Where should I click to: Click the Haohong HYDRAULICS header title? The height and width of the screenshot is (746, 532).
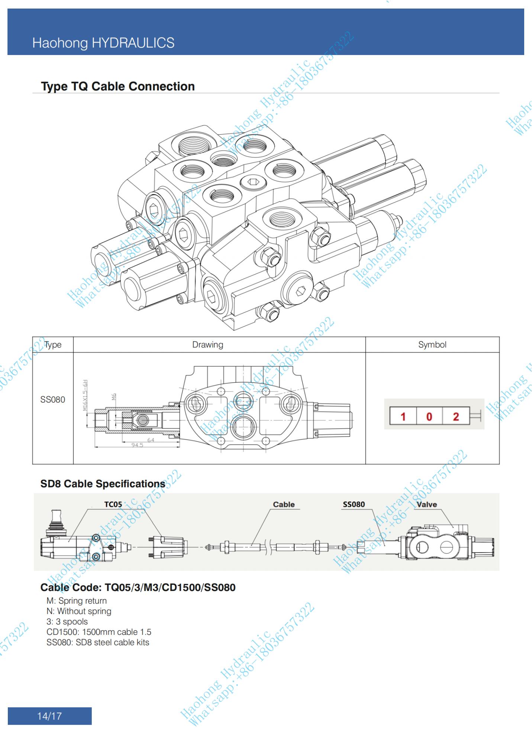103,43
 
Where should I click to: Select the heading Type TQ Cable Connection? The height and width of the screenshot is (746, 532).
118,86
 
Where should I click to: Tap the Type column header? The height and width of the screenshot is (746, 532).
53,345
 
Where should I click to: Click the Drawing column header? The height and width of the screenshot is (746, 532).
207,345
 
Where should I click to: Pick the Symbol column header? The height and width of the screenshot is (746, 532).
432,345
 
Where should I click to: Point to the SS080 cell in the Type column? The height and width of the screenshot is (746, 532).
52,400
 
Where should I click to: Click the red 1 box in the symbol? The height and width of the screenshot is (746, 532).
403,417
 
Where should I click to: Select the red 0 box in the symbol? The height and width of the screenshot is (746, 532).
429,417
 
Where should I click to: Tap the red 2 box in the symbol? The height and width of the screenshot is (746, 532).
456,417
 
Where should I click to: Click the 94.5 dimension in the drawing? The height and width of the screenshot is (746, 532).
137,445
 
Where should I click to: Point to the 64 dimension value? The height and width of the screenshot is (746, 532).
151,440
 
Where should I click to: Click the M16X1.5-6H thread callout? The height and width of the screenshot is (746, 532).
85,395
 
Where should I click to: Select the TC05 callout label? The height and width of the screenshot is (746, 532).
113,505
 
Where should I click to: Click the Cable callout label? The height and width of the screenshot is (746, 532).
284,505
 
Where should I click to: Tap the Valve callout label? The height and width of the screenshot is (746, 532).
426,505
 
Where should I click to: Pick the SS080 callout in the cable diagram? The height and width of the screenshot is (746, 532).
354,505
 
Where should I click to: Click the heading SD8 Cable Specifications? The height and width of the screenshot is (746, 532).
103,484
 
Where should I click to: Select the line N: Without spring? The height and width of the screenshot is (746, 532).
79,611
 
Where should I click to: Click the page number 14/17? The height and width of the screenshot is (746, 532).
49,716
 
